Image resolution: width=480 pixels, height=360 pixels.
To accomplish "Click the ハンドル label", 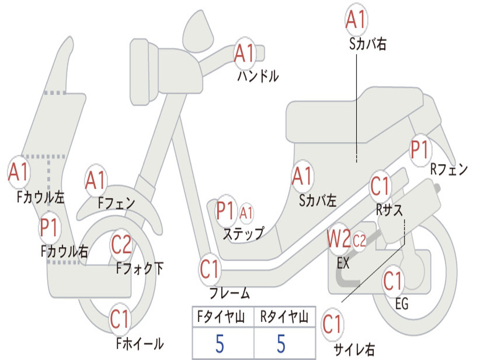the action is click(258, 75).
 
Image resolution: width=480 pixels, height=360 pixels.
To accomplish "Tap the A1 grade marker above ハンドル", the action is click(245, 53).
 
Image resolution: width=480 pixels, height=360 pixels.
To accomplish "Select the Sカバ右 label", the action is click(367, 44).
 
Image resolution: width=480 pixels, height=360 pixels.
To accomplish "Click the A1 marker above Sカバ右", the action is click(356, 20).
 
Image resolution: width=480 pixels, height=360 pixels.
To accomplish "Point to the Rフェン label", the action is click(449, 169).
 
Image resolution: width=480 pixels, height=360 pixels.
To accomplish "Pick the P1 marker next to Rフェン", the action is click(420, 150).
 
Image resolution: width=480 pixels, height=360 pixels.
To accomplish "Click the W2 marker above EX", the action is click(338, 239).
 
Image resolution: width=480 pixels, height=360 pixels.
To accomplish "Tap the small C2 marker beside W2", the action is click(359, 241).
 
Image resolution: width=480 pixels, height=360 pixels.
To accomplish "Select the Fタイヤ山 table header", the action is click(221, 316).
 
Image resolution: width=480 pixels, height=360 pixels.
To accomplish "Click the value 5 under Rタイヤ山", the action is click(281, 344).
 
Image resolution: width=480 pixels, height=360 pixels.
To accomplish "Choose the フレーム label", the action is click(230, 293).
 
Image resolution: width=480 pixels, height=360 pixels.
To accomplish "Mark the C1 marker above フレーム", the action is click(210, 270).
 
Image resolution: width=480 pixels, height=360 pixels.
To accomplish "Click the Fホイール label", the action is click(140, 344).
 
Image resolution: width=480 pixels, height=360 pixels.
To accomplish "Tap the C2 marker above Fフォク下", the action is click(121, 244).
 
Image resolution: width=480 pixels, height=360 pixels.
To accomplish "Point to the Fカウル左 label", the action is click(41, 197).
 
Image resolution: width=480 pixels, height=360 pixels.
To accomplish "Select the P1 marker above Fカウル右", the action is click(49, 228).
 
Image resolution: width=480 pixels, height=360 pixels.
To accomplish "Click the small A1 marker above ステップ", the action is click(246, 213).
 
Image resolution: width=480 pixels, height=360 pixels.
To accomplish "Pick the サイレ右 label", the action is click(354, 349).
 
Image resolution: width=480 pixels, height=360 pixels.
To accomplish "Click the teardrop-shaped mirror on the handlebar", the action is click(198, 31).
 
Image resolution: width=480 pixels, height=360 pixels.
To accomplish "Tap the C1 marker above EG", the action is click(393, 281).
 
